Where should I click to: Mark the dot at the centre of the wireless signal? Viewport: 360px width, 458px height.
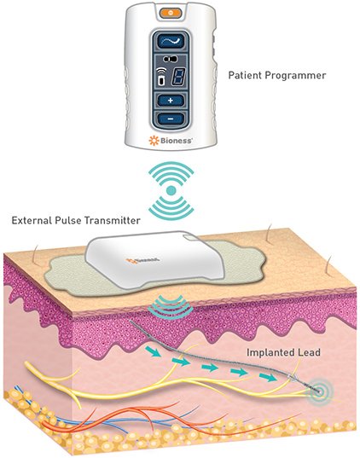point(171,188)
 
